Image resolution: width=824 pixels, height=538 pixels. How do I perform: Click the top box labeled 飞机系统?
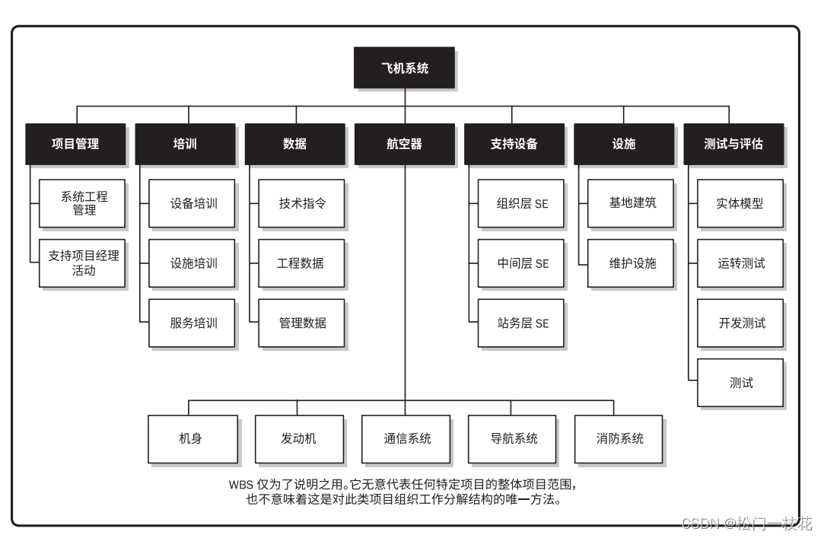405,68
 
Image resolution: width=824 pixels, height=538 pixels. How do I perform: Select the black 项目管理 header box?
75,143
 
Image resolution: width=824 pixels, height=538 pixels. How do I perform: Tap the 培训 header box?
185,143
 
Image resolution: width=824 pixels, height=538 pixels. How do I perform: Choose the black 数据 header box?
294,143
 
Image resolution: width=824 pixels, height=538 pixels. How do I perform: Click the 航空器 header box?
404,143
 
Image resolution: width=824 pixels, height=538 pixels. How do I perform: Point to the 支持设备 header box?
514,143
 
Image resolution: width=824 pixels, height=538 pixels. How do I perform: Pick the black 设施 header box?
624,143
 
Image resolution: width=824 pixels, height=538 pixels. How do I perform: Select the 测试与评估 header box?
733,143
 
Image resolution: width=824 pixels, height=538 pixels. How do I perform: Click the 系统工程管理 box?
82,203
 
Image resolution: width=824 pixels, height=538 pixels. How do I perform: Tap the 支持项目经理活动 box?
82,263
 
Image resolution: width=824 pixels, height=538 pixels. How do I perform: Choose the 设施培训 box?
192,263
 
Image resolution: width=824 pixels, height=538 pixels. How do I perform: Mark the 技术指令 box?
302,203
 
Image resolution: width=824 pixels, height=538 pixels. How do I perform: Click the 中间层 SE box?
521,263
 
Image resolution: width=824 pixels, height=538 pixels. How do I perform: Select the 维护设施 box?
631,263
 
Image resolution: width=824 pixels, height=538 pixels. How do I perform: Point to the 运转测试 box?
740,263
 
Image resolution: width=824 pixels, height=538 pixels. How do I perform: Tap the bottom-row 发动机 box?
298,438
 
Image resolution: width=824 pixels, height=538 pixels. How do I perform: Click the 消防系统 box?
619,438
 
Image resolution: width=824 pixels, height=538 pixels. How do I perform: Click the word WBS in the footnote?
241,485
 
